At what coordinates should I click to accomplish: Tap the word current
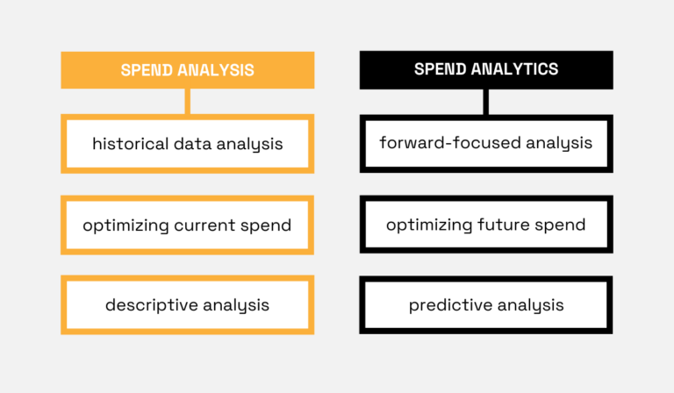pyautogui.click(x=208, y=225)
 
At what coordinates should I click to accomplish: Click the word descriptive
pyautogui.click(x=149, y=305)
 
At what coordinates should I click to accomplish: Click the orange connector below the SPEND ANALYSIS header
pyautogui.click(x=187, y=101)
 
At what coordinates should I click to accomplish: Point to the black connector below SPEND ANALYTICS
pyautogui.click(x=485, y=101)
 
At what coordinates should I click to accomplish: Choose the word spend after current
pyautogui.click(x=269, y=225)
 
